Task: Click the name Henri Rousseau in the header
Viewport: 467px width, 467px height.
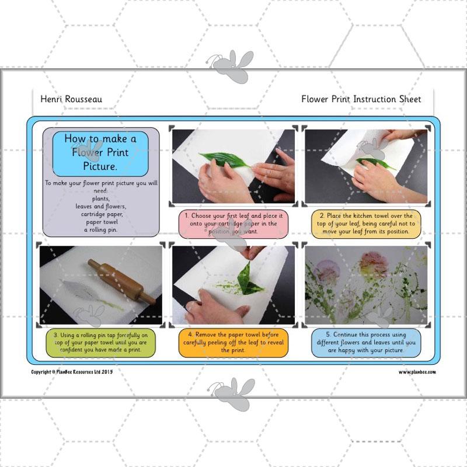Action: point(71,99)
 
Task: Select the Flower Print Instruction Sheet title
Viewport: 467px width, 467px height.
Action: point(361,99)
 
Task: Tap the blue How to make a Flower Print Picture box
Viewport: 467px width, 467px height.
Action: point(100,153)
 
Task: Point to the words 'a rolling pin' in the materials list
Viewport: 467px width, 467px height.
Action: point(100,230)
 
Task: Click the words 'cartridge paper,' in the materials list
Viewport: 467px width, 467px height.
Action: point(102,214)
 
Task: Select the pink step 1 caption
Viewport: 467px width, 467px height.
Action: point(233,224)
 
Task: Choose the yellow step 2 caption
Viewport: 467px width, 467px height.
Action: point(366,224)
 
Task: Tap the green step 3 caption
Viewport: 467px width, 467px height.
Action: point(100,343)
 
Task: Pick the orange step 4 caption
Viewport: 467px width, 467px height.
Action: point(233,343)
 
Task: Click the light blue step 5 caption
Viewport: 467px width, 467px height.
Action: point(366,343)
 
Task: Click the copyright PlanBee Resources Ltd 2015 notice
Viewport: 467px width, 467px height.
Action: point(72,372)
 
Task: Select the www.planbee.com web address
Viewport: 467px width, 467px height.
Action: point(417,372)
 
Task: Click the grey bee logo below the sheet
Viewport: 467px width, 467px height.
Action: point(232,393)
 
